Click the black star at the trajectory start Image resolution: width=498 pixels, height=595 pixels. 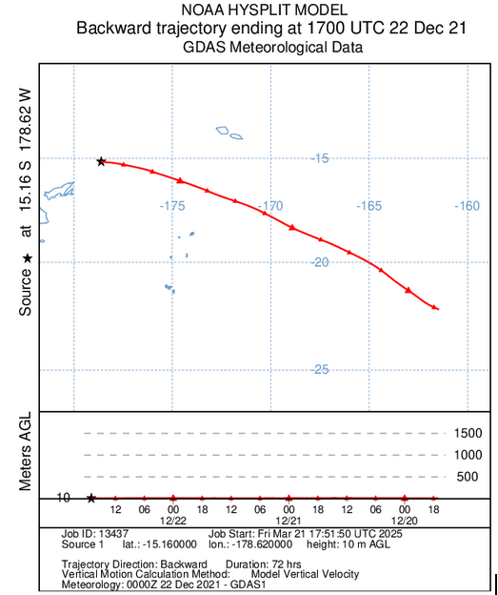[101, 161]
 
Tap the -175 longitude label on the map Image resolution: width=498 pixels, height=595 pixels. [172, 206]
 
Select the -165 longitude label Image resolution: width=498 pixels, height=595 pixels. [369, 206]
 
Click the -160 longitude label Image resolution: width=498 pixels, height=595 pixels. [467, 206]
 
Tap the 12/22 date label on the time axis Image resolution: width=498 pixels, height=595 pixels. [172, 521]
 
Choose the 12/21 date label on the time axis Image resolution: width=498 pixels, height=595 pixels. [289, 521]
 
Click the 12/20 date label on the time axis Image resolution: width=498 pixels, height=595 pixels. [405, 521]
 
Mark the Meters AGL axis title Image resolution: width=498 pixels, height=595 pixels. [27, 455]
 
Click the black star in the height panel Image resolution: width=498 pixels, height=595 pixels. [90, 498]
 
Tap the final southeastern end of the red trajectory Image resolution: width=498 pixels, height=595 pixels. [436, 308]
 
